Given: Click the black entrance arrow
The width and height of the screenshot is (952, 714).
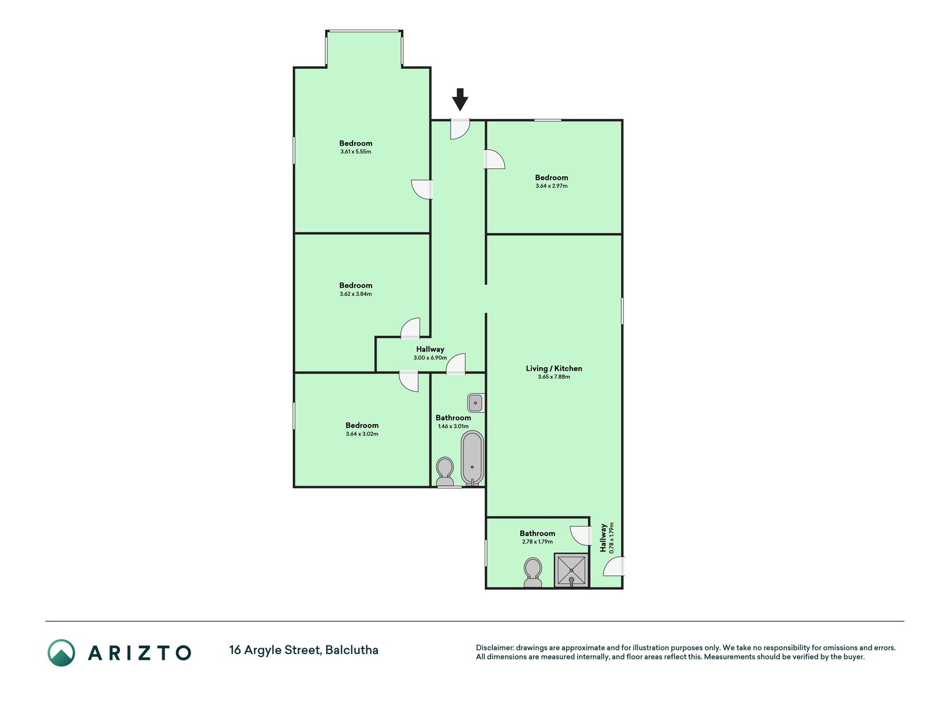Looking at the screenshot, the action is (460, 100).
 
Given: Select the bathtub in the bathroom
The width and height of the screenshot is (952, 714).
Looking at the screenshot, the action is (472, 458).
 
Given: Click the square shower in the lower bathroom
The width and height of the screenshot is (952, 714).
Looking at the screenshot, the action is (572, 570).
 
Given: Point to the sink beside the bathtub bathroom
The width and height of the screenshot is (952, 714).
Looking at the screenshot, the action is (475, 402).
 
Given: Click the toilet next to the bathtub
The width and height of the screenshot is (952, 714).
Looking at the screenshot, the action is (444, 472).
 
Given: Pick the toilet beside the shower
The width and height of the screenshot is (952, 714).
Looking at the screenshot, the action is (533, 573).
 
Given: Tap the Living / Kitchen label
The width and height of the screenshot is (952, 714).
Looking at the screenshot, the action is (554, 368).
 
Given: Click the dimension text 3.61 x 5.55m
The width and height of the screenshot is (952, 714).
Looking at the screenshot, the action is (356, 152).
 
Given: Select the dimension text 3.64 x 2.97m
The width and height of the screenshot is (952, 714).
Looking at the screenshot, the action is (552, 186).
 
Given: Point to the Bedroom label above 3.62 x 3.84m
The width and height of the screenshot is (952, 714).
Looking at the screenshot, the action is (356, 286).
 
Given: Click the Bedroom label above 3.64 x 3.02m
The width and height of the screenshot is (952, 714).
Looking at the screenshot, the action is (362, 426).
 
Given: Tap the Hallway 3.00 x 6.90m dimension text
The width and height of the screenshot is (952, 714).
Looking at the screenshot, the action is (430, 358).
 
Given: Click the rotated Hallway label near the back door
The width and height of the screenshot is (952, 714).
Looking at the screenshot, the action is (603, 538).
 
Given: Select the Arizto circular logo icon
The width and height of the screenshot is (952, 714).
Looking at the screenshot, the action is (61, 653).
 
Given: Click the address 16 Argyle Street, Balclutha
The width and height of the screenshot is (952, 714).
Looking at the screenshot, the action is (304, 650).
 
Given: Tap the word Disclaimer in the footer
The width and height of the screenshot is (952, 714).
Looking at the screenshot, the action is (494, 648).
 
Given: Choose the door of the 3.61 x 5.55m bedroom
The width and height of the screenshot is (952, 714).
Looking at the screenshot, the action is (422, 189).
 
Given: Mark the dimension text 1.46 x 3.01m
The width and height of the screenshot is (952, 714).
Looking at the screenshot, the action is (453, 427).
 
